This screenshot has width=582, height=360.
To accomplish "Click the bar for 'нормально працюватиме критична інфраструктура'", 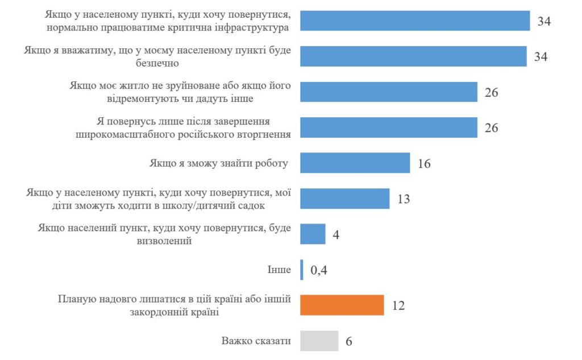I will pyautogui.click(x=414, y=20).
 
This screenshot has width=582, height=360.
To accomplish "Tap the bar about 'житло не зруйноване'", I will pyautogui.click(x=388, y=92).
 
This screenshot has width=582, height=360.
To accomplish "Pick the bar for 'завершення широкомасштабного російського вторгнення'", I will pyautogui.click(x=388, y=127).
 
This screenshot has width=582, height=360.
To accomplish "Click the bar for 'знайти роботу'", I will pyautogui.click(x=355, y=163).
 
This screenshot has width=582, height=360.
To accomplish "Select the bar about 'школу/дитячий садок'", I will pyautogui.click(x=344, y=198).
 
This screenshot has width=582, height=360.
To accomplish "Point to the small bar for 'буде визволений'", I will pyautogui.click(x=313, y=234).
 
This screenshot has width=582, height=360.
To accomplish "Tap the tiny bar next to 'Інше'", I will pyautogui.click(x=302, y=270).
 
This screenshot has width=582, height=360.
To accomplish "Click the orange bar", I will pyautogui.click(x=342, y=305).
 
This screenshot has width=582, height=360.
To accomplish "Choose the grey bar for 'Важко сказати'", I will pyautogui.click(x=319, y=341).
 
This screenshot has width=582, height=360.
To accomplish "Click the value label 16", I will pyautogui.click(x=423, y=164).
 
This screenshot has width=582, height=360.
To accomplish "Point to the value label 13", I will pyautogui.click(x=403, y=199).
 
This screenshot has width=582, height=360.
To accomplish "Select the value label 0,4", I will pyautogui.click(x=319, y=270).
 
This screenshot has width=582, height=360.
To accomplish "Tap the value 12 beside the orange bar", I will pyautogui.click(x=398, y=305).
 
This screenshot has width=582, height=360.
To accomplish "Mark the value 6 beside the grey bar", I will pyautogui.click(x=349, y=341).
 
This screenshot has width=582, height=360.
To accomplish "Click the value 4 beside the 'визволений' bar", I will pyautogui.click(x=336, y=234).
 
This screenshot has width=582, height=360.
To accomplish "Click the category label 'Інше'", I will pyautogui.click(x=279, y=270).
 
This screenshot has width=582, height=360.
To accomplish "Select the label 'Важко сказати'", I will pyautogui.click(x=256, y=341).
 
